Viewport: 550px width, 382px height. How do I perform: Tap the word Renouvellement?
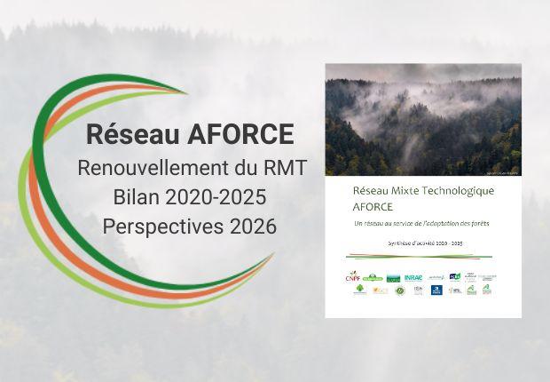[x=150, y=167]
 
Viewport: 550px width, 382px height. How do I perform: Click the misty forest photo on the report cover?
[x=422, y=119]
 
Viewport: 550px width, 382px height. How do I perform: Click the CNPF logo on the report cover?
[x=353, y=276]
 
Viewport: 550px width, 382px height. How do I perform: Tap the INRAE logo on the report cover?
[x=413, y=278]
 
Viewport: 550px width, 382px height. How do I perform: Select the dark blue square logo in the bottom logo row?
[x=436, y=290]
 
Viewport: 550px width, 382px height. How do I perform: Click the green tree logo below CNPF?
[x=359, y=289]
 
